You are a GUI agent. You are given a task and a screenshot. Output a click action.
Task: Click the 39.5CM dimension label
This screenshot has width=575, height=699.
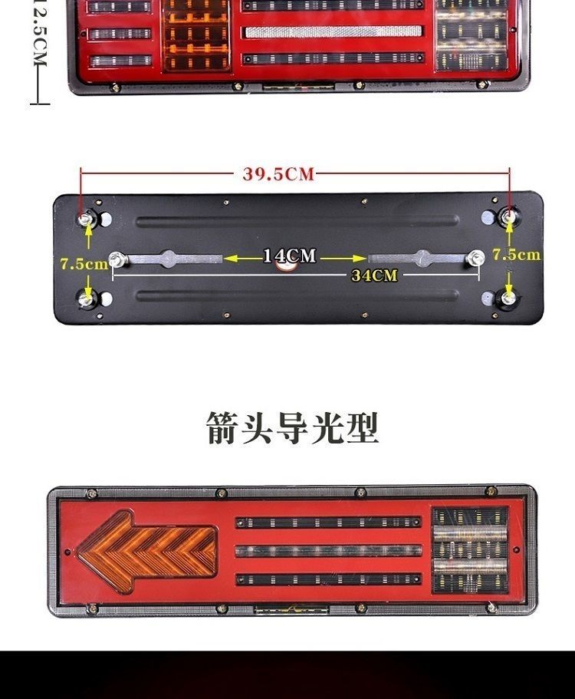tap(278, 174)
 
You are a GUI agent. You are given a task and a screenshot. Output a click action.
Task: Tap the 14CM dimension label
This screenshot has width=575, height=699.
tap(289, 256)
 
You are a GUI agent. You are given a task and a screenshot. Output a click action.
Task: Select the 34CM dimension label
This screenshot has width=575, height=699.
tap(374, 275)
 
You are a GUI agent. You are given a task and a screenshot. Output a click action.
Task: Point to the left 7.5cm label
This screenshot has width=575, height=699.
tap(84, 264)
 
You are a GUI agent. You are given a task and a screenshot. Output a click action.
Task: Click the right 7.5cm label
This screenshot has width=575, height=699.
tap(515, 255)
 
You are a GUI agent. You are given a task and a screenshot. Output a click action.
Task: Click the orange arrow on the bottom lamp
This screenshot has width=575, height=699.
tap(146, 551)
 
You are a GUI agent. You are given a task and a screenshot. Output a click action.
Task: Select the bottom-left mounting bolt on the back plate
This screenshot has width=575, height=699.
tap(87, 297)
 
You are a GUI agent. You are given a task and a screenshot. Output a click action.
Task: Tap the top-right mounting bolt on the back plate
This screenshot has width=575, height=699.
tap(508, 217)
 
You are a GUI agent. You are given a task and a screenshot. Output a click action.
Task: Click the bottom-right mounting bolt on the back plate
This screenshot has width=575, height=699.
tap(508, 296)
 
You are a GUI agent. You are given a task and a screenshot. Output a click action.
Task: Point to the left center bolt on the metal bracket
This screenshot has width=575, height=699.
tap(117, 259)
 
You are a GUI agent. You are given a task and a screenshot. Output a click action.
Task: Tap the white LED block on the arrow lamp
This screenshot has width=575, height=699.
tap(470, 550)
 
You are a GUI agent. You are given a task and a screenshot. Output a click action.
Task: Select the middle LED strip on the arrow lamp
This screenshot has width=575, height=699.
tap(328, 551)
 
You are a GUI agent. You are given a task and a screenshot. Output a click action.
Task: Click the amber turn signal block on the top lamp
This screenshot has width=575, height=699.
tap(197, 34)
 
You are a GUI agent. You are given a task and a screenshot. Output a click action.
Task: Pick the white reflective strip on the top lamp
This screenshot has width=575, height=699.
tap(333, 31)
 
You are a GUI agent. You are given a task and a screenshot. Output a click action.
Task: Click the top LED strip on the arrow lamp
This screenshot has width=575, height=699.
tap(328, 523)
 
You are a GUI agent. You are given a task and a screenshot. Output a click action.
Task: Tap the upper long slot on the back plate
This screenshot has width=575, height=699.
tap(297, 221)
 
